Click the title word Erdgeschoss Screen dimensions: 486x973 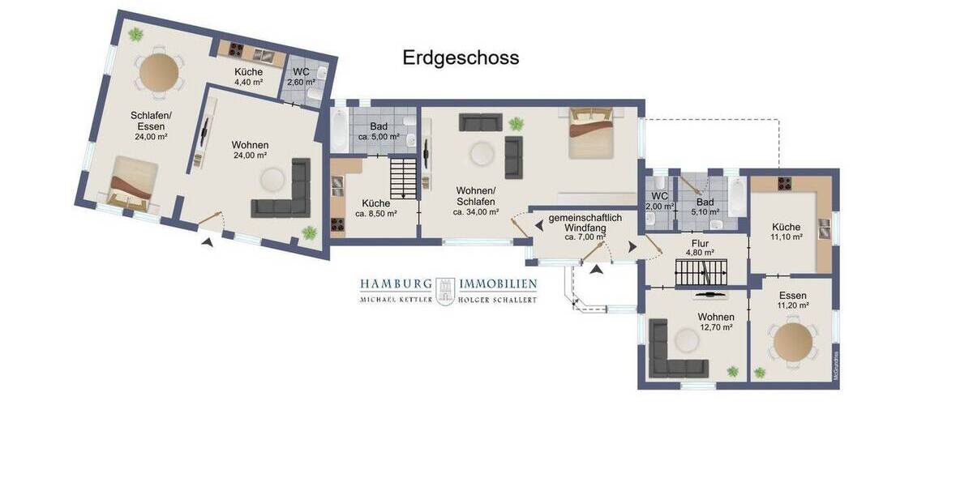461,58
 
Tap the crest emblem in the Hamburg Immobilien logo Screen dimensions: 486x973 444,290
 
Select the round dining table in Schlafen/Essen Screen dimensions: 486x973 159,72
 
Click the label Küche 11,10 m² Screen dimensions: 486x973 786,232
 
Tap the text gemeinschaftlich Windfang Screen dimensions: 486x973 585,224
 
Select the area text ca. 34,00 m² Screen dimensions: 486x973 476,212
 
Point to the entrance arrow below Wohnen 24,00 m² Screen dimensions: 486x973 208,241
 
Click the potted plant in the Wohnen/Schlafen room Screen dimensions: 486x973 516,124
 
